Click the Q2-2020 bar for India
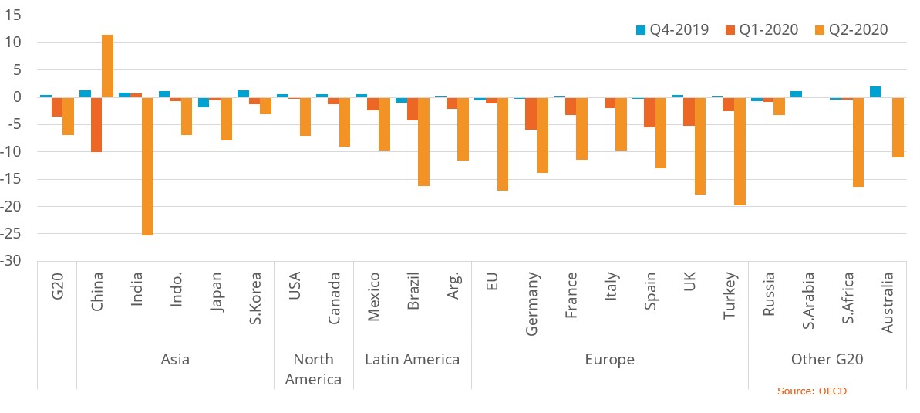(x=147, y=166)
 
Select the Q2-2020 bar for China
(x=107, y=66)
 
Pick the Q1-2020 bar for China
(x=96, y=124)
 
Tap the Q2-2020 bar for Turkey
(x=740, y=151)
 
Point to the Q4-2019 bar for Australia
(x=875, y=92)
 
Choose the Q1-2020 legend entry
(x=760, y=30)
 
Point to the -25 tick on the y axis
(x=14, y=234)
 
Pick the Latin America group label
(x=412, y=359)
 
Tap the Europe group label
(x=609, y=359)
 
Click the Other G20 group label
(x=827, y=359)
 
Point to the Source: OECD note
(x=811, y=391)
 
